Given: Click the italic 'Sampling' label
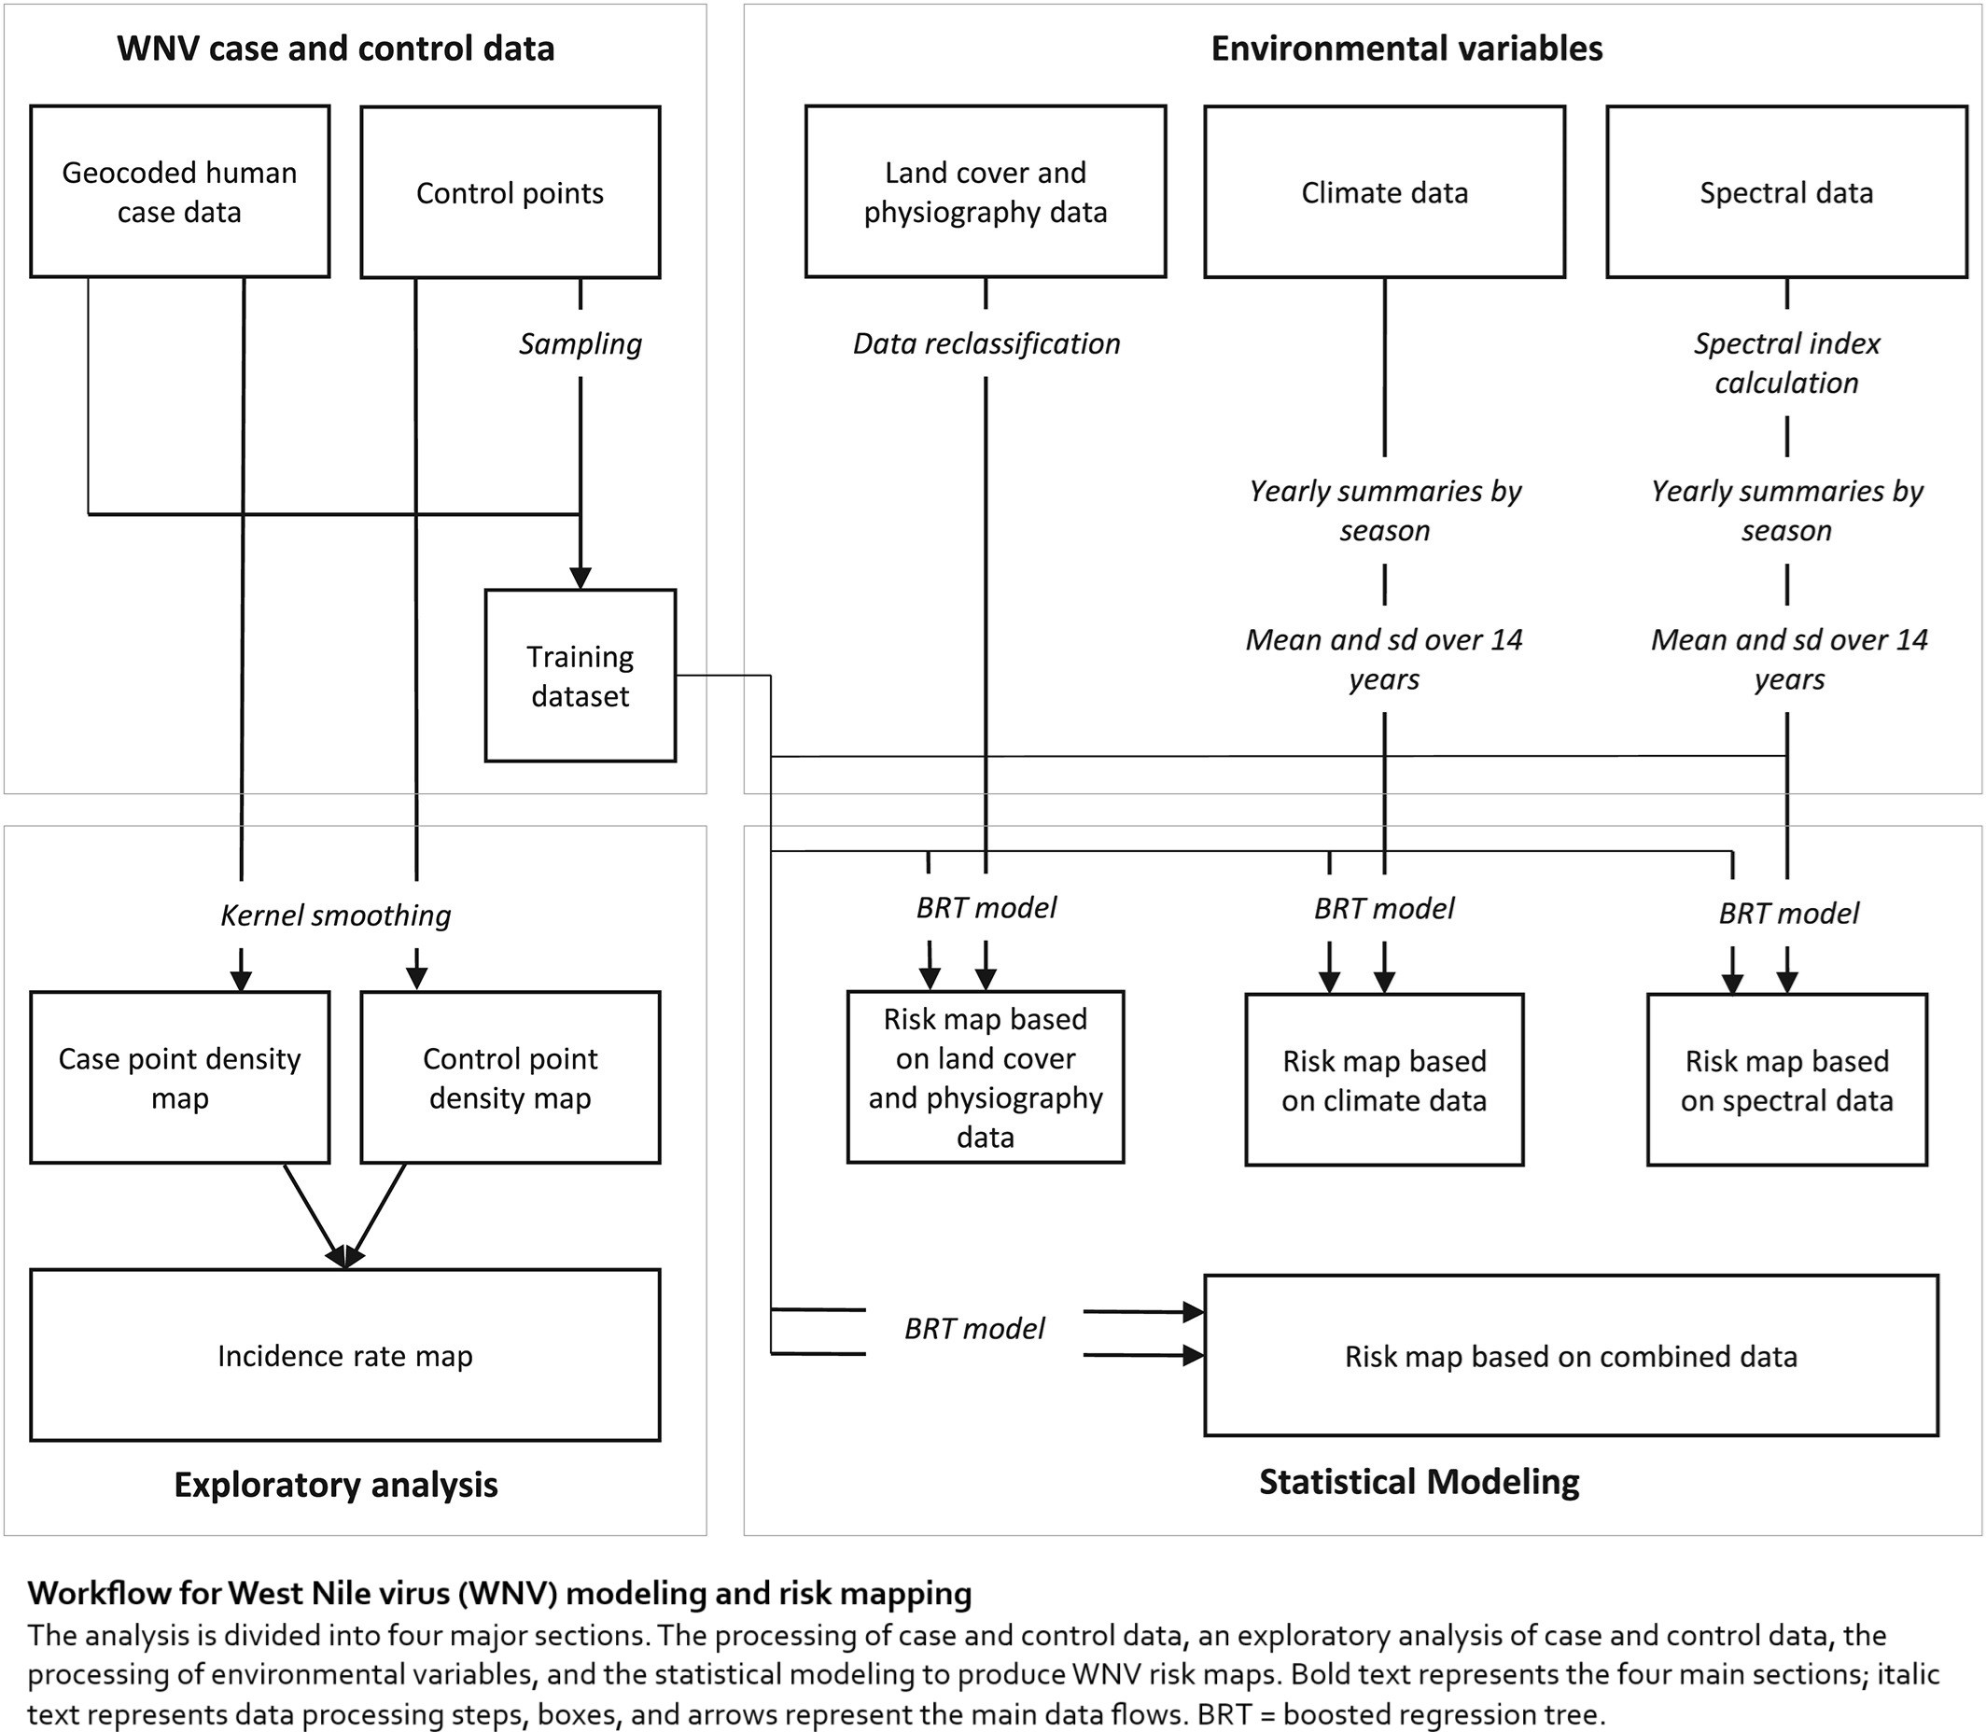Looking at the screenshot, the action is pyautogui.click(x=580, y=344).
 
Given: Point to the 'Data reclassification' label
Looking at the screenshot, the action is pyautogui.click(x=986, y=344).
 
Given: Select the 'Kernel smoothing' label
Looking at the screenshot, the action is pyautogui.click(x=335, y=915).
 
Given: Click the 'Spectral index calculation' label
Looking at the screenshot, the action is pyautogui.click(x=1787, y=363).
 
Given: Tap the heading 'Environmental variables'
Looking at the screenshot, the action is pyautogui.click(x=1406, y=49).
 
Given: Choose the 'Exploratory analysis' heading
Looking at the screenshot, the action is pyautogui.click(x=335, y=1485).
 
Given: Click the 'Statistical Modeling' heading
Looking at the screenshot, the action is pyautogui.click(x=1419, y=1482).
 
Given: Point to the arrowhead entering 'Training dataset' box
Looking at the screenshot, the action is pyautogui.click(x=580, y=578).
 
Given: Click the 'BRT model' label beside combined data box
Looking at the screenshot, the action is pyautogui.click(x=974, y=1329).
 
